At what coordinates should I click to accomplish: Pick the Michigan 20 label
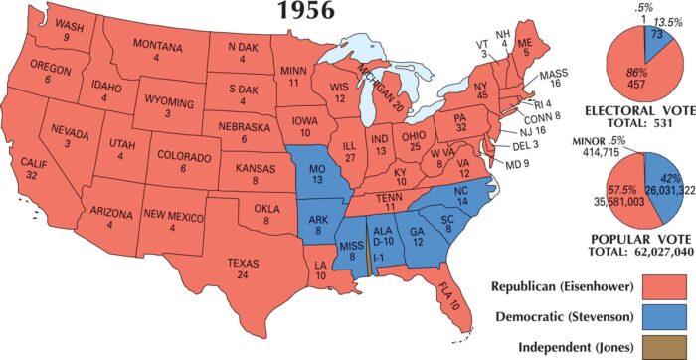tap(383, 95)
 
